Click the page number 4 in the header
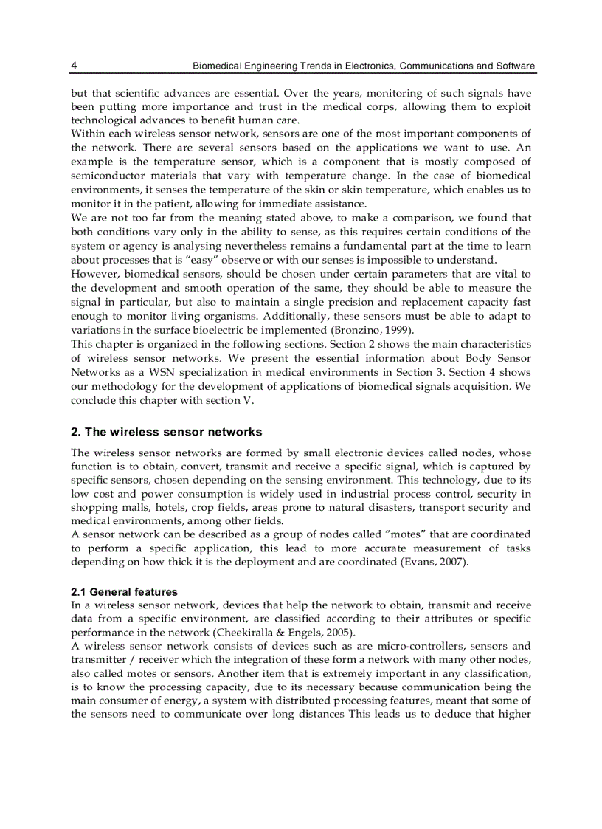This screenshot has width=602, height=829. click(74, 66)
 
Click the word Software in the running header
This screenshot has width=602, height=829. click(516, 66)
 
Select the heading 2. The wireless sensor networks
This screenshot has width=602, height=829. click(166, 432)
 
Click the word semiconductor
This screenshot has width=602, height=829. click(105, 176)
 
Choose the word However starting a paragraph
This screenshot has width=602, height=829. click(94, 274)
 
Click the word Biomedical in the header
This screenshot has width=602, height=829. click(217, 66)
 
